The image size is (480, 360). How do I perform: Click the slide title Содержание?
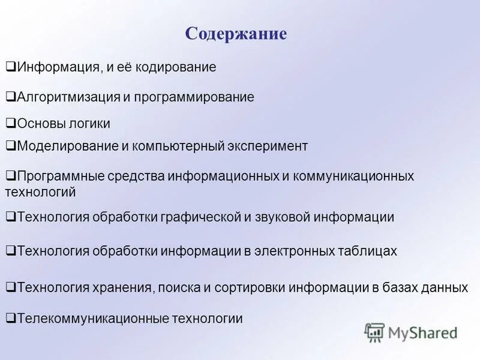[x=236, y=34]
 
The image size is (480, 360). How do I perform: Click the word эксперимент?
[x=268, y=146]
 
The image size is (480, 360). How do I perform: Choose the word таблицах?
[x=368, y=251]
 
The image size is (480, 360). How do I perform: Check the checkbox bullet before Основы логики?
[x=11, y=124]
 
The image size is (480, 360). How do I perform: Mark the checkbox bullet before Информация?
[x=11, y=67]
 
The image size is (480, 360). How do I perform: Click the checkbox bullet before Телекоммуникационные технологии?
[x=11, y=319]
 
